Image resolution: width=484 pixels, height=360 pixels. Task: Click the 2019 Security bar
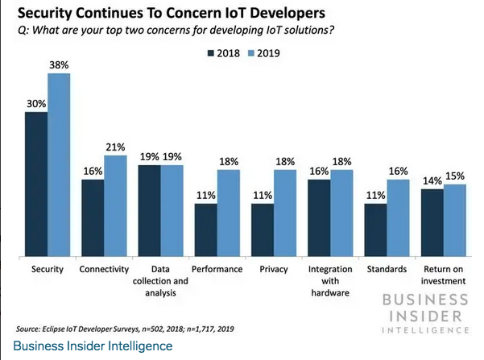59,165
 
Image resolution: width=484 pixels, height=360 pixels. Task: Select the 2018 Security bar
36,184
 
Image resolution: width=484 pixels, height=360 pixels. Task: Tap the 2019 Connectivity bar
116,206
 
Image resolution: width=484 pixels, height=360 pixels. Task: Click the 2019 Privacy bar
286,213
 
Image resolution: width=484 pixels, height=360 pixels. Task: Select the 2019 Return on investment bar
456,221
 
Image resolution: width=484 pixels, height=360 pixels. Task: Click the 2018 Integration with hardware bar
321,218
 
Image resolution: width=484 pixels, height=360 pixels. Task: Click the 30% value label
35,104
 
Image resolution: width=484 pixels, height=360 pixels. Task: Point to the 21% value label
116,147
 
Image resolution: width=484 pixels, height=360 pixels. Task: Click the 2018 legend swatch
212,54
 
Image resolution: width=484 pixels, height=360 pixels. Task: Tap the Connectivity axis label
105,269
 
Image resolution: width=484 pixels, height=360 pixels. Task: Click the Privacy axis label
275,269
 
